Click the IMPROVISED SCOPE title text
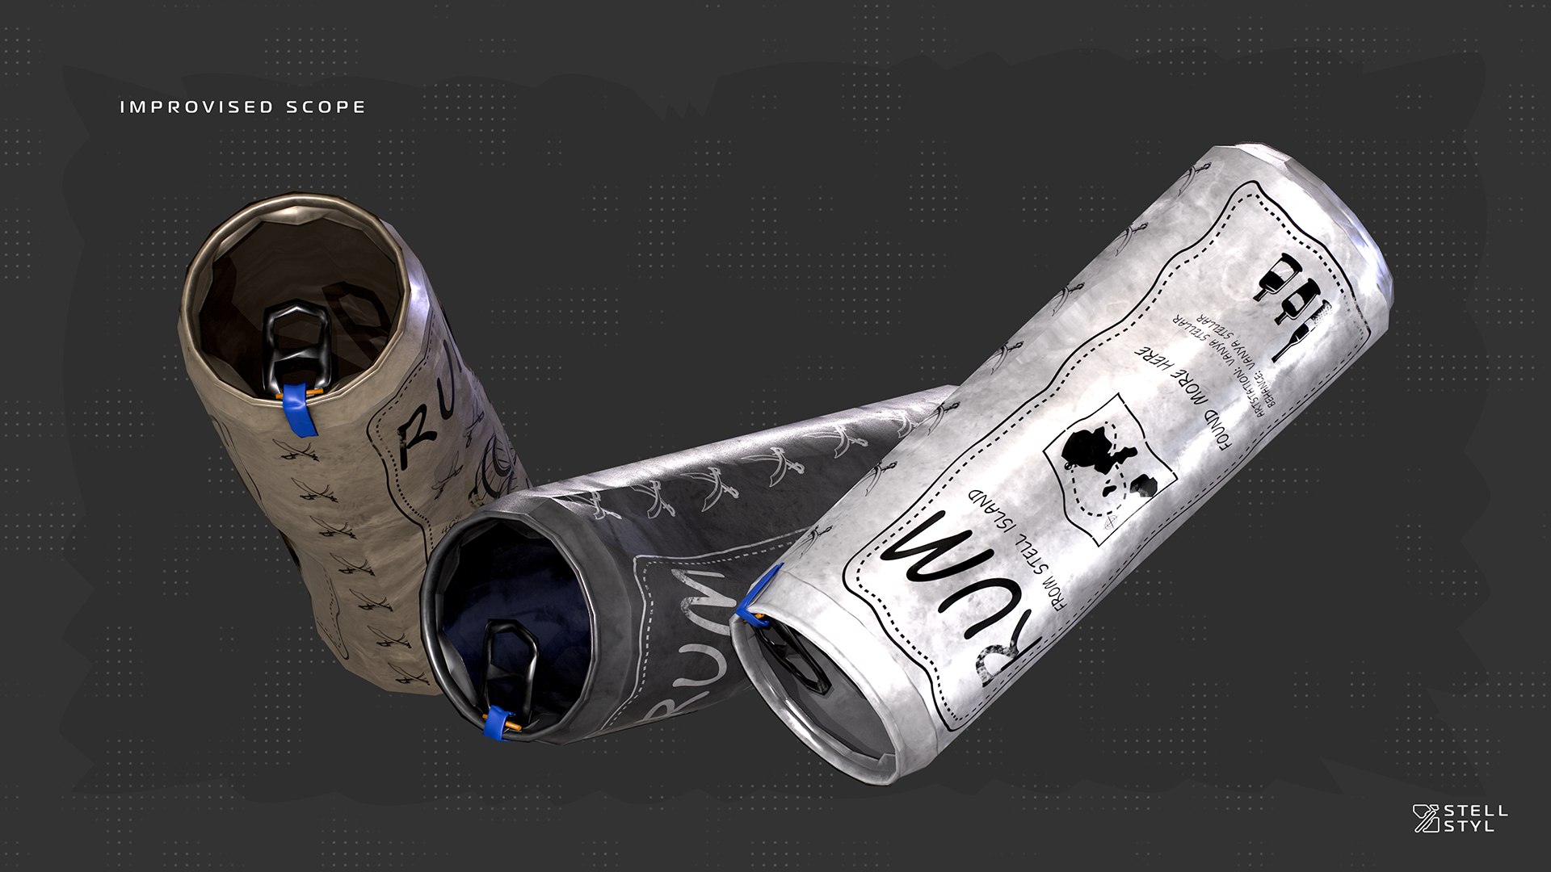(x=242, y=107)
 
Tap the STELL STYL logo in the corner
(x=1460, y=818)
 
